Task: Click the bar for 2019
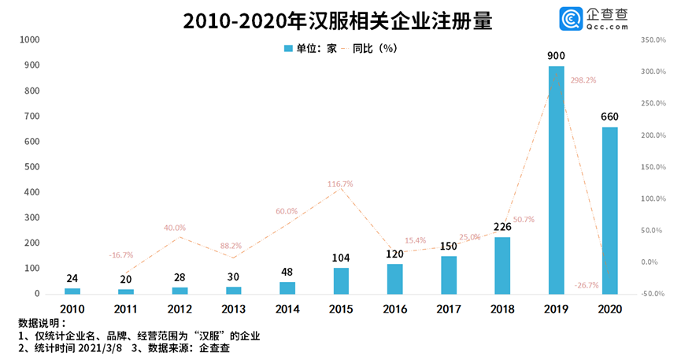point(556,180)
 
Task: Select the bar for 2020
point(609,210)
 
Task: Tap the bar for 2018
point(502,265)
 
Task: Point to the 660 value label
point(609,117)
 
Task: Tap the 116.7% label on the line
point(340,184)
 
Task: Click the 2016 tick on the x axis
point(394,309)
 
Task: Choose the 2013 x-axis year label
point(234,309)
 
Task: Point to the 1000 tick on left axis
point(29,39)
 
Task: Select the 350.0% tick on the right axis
point(654,39)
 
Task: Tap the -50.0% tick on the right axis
point(654,294)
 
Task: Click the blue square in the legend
point(288,49)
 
